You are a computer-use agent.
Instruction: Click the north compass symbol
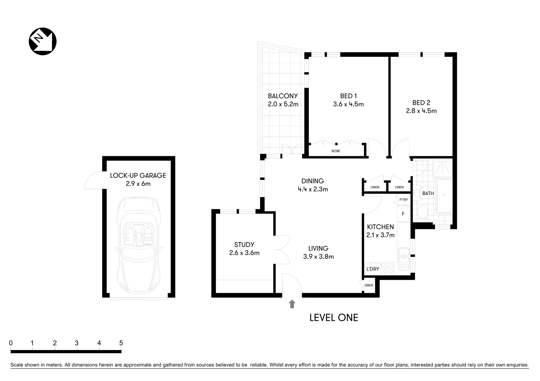42,41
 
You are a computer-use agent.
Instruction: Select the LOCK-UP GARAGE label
138,175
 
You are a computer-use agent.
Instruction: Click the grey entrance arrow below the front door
292,304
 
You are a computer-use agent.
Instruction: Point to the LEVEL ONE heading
334,317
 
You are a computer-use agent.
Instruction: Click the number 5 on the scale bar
121,343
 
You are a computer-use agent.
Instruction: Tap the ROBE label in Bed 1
336,151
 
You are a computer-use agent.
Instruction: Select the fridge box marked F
403,214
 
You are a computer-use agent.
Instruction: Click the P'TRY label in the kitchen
403,200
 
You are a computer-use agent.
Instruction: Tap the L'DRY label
372,269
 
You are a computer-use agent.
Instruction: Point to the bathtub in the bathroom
444,196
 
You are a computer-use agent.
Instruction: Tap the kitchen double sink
403,258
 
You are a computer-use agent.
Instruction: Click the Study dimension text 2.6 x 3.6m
244,253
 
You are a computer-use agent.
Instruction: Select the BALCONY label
282,96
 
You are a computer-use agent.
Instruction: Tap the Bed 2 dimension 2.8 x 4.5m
421,111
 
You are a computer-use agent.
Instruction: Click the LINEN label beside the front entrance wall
369,285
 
